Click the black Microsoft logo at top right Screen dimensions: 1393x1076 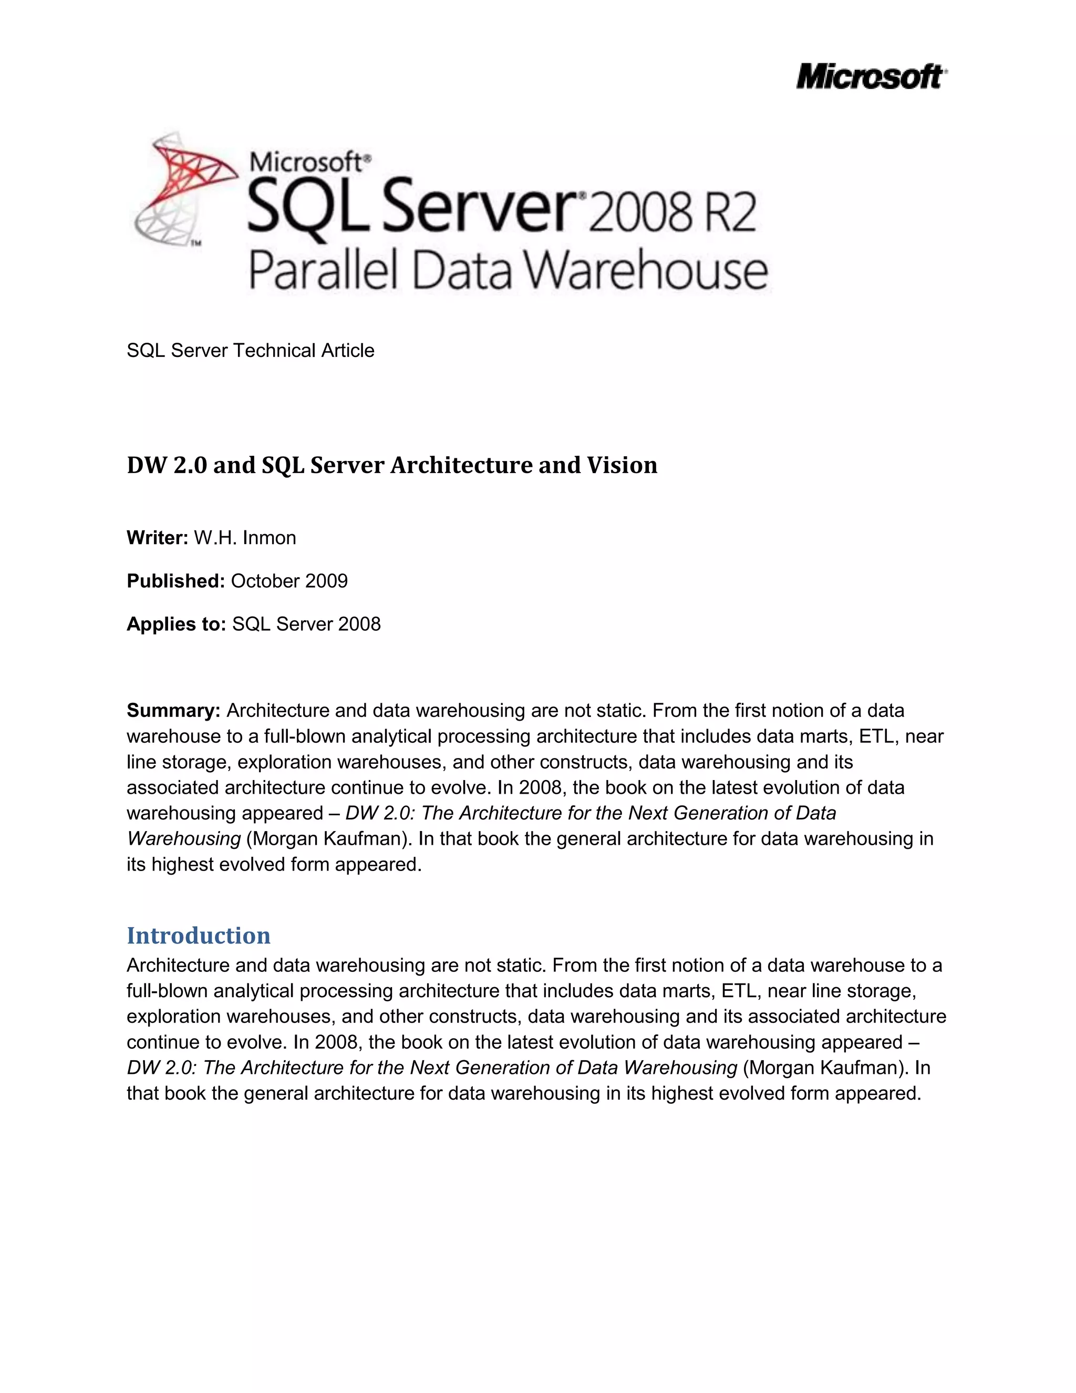[x=871, y=77]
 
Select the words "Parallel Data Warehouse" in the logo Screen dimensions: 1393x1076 [x=508, y=270]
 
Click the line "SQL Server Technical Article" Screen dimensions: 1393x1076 [x=251, y=350]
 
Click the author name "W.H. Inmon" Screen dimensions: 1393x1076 [x=245, y=538]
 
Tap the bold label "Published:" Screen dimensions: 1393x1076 [x=176, y=581]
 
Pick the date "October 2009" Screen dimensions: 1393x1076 [x=289, y=581]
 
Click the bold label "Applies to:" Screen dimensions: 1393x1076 [x=177, y=624]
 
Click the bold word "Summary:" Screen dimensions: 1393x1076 [x=173, y=711]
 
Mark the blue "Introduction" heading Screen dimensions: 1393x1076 [x=198, y=935]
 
